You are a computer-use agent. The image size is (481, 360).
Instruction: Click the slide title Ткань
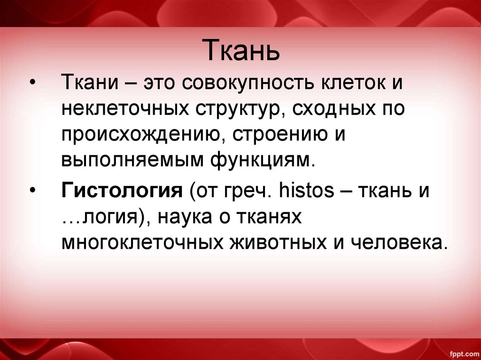tap(240, 51)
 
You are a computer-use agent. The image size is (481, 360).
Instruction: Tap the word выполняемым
tap(127, 161)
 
